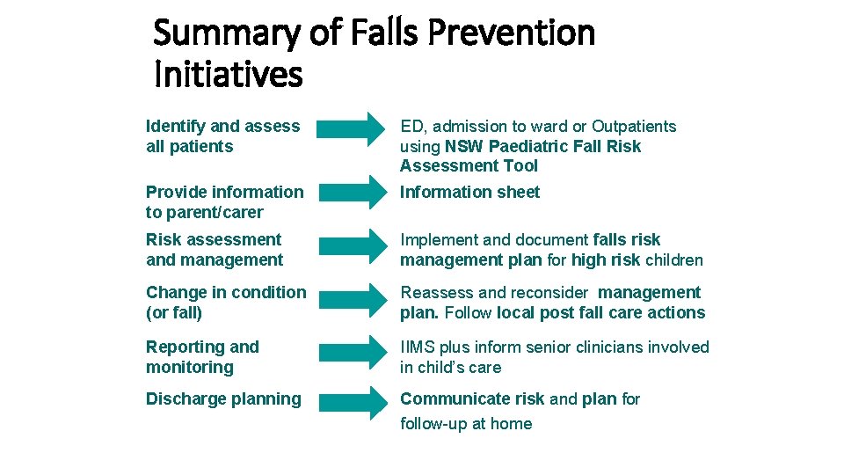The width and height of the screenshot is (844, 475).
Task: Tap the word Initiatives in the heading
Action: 228,75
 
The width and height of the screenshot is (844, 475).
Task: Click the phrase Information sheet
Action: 469,192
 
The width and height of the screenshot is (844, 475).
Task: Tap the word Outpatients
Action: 633,127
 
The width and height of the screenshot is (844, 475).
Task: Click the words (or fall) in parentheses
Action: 174,312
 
